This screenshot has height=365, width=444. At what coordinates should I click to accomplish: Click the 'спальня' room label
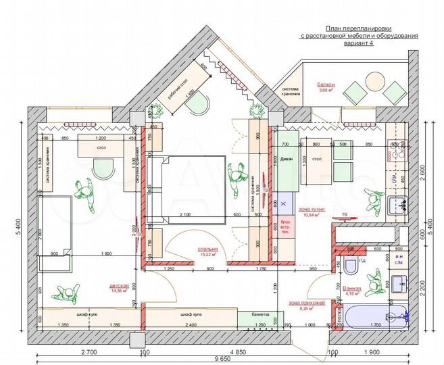pos(207,247)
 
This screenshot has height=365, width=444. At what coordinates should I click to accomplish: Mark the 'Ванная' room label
pos(352,289)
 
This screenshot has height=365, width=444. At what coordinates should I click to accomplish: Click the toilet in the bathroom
pos(351,267)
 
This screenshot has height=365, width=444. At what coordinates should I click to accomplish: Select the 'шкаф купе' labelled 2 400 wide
pos(189,314)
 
